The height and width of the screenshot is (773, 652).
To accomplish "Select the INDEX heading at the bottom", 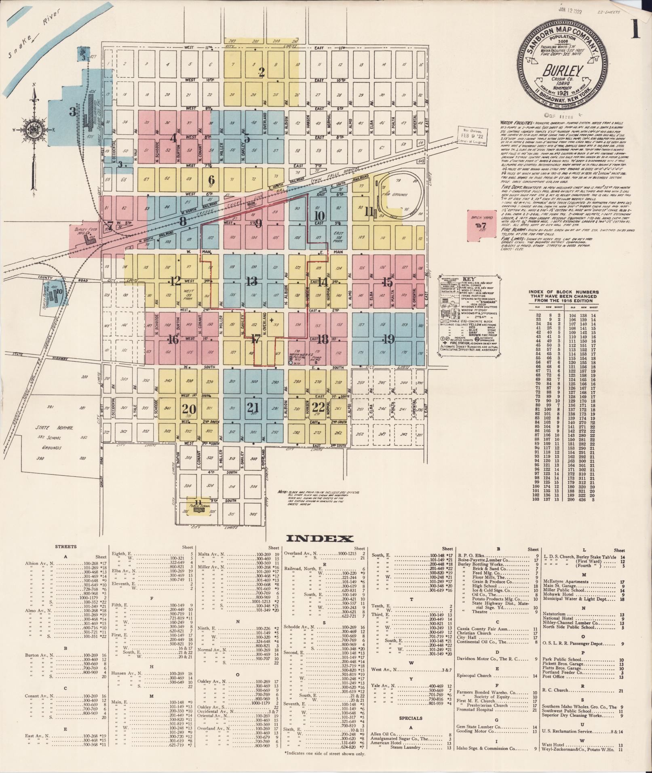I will [x=320, y=539].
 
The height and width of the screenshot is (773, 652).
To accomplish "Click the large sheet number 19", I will [x=388, y=340].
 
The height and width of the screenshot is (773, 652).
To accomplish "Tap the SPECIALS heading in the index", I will [x=411, y=718].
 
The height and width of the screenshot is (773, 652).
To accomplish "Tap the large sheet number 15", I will [x=387, y=283].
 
